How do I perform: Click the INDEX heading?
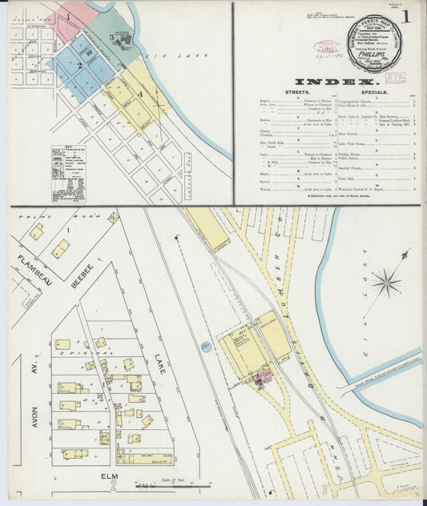click(x=335, y=82)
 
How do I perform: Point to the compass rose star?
click(x=387, y=281)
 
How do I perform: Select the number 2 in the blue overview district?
click(x=80, y=65)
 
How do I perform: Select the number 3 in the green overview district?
click(x=111, y=37)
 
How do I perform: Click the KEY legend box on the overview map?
click(x=68, y=173)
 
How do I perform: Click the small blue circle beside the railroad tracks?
click(x=206, y=346)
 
